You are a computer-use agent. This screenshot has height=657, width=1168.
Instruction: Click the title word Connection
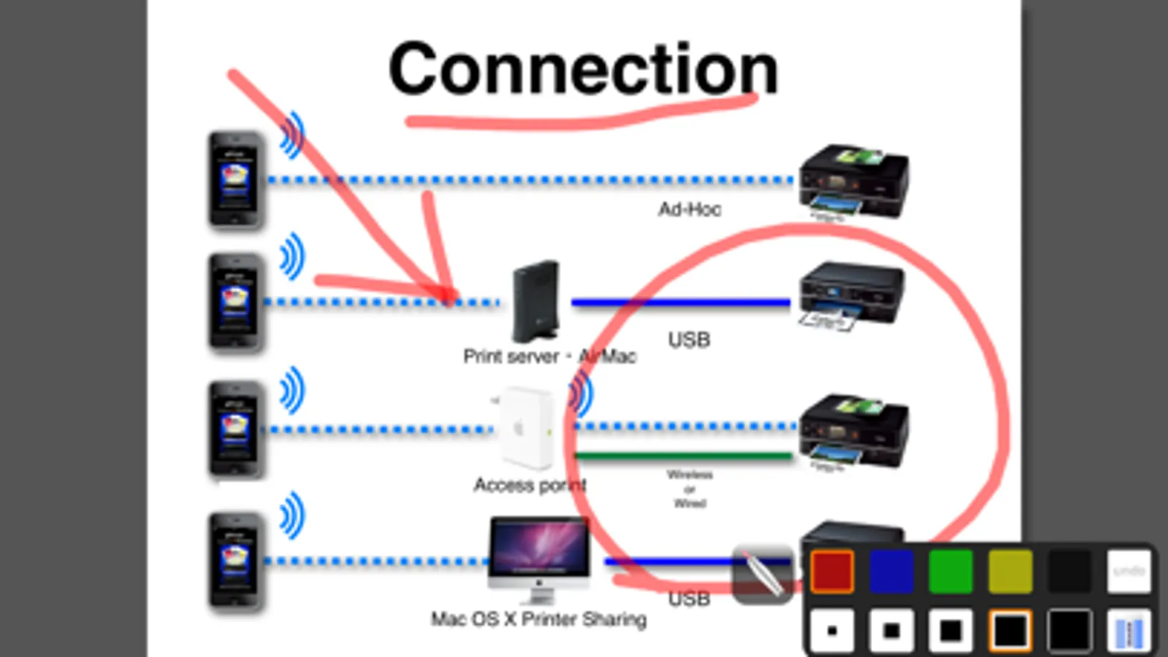(x=583, y=69)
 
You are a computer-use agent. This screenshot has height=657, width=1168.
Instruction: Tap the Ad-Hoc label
(x=689, y=210)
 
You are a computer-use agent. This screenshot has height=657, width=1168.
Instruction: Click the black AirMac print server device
(x=536, y=301)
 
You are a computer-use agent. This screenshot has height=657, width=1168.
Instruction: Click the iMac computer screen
(x=539, y=547)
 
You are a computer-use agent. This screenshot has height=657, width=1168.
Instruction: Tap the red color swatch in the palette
(x=832, y=571)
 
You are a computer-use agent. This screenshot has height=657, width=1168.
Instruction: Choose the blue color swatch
(x=891, y=571)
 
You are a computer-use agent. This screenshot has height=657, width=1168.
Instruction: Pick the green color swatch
(x=950, y=571)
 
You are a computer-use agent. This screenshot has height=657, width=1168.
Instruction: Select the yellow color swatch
(x=1010, y=571)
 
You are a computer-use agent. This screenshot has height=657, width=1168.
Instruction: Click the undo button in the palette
(x=1129, y=571)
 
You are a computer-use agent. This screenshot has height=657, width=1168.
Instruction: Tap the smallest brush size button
(x=832, y=631)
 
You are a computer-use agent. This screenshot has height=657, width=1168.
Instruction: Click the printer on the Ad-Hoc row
(x=853, y=182)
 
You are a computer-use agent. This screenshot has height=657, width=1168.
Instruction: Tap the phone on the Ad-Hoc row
(x=235, y=180)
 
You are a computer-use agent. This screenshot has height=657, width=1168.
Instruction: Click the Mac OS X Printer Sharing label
(x=538, y=619)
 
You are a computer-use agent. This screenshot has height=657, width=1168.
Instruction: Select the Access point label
(x=530, y=485)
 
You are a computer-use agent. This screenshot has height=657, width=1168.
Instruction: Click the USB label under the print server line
(x=689, y=339)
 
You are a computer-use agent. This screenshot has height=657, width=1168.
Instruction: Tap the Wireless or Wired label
(x=690, y=488)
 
